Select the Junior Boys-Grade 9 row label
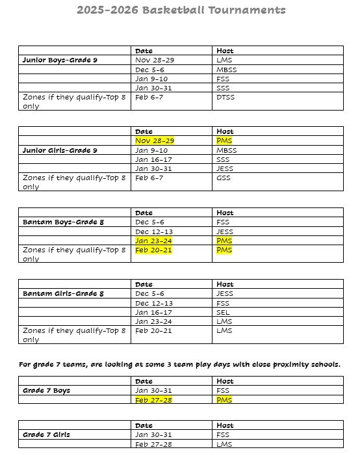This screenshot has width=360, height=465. (60, 60)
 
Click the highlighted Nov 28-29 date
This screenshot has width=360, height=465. (155, 140)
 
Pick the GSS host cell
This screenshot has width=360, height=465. (223, 178)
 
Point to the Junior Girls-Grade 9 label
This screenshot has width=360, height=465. (60, 150)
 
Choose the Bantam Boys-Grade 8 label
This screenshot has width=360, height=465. (63, 222)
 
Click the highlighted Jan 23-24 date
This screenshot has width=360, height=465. (153, 241)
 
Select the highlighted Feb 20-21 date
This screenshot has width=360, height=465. (153, 250)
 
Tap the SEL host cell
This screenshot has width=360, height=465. (223, 312)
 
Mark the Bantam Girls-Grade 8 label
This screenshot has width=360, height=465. (63, 294)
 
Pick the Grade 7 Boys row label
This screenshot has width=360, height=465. (46, 391)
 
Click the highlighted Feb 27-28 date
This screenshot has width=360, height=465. (153, 400)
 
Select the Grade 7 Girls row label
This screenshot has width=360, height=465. (46, 434)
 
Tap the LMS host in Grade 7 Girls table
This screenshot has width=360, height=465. (224, 444)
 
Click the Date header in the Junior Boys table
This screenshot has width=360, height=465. (144, 51)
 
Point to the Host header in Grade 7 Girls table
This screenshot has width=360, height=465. (225, 425)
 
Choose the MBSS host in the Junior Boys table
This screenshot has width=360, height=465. (226, 70)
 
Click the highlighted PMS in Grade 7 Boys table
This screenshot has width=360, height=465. (224, 400)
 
